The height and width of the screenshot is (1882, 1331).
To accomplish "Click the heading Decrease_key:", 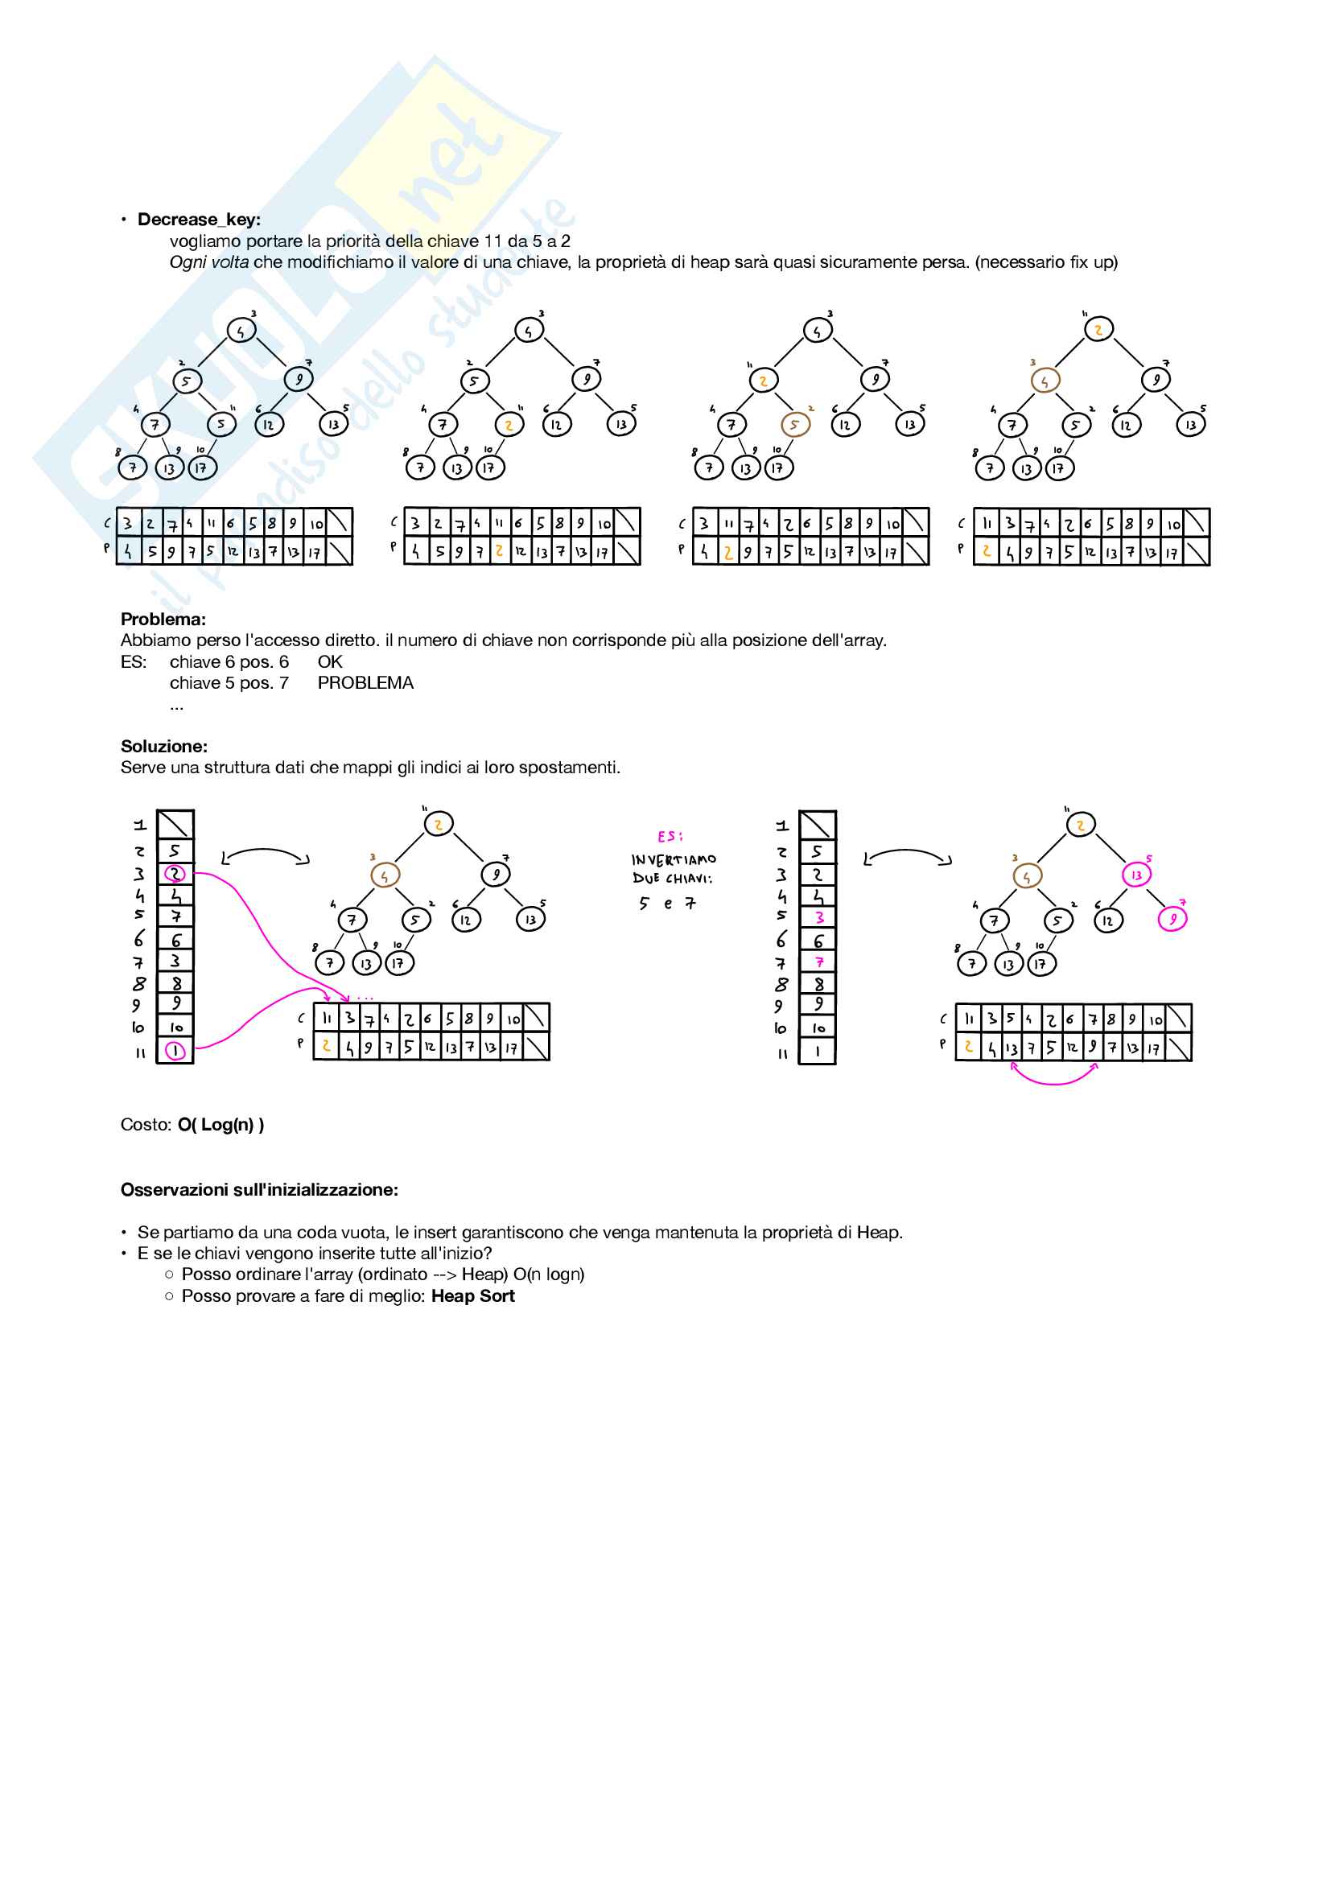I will [198, 220].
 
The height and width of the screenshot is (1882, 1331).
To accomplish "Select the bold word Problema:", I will [163, 619].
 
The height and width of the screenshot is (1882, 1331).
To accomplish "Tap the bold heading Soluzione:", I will [164, 746].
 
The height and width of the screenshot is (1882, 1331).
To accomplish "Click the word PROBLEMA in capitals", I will [365, 683].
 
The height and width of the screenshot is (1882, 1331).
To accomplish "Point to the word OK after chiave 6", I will [329, 661].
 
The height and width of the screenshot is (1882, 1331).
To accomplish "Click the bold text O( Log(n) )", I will [220, 1125].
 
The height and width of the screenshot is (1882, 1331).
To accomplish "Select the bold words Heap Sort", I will [473, 1296].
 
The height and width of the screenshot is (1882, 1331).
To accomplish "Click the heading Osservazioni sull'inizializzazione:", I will [259, 1189].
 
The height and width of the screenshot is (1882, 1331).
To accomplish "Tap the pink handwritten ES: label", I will [670, 836].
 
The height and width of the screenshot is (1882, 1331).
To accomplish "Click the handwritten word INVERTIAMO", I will [674, 859].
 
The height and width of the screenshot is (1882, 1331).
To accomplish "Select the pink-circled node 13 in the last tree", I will [1136, 875].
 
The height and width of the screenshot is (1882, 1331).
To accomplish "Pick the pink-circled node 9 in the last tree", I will [1172, 919].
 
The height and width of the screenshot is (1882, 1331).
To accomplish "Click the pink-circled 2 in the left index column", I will [175, 874].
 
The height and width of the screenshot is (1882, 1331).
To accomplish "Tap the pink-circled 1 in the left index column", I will [175, 1051].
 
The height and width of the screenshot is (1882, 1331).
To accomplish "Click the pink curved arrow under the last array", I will [1055, 1081].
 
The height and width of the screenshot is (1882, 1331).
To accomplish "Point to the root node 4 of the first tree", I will [241, 332].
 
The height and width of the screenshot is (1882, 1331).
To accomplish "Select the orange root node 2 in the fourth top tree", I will [1098, 330].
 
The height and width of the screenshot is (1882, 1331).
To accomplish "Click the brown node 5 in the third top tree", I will [794, 425].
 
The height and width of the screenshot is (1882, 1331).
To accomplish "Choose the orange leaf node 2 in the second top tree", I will [509, 425].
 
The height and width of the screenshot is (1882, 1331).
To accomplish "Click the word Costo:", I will [146, 1125].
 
